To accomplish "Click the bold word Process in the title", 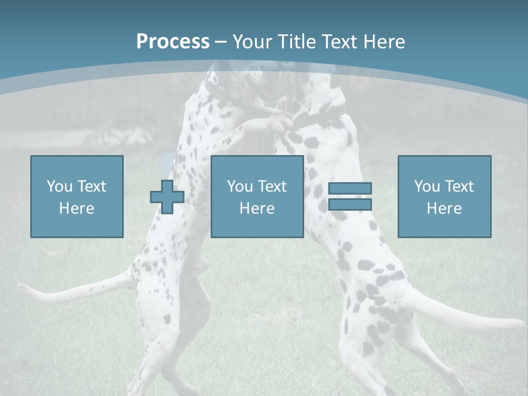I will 173,42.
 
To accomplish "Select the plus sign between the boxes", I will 167,197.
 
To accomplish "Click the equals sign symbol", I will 350,196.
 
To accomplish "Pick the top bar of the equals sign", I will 350,189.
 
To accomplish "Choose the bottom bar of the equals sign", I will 350,205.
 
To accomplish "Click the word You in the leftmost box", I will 59,186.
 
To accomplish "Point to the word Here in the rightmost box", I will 444,208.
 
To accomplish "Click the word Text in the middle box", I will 272,186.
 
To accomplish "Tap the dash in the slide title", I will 221,42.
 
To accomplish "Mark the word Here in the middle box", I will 257,208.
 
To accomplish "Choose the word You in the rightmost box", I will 427,186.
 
